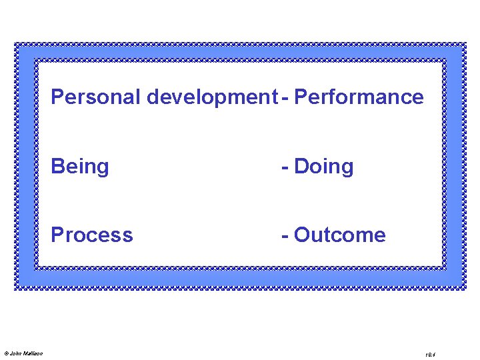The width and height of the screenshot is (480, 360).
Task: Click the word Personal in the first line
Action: [96, 97]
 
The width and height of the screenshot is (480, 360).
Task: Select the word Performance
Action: [359, 97]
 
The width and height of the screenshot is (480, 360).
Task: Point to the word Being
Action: [80, 167]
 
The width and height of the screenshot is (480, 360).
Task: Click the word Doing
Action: [323, 167]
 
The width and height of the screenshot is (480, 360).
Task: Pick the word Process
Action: [92, 235]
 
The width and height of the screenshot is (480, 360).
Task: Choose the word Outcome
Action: [339, 235]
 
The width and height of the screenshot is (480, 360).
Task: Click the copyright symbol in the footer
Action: [6, 353]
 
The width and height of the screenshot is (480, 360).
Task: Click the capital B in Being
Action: [58, 167]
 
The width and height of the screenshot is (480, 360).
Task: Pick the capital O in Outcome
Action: [302, 235]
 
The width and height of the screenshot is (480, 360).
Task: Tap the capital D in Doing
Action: [301, 167]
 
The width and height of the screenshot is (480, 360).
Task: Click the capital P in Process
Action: [58, 235]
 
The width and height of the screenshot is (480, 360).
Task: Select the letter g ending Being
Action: [102, 169]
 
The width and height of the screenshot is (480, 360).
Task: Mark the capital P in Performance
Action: [301, 97]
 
